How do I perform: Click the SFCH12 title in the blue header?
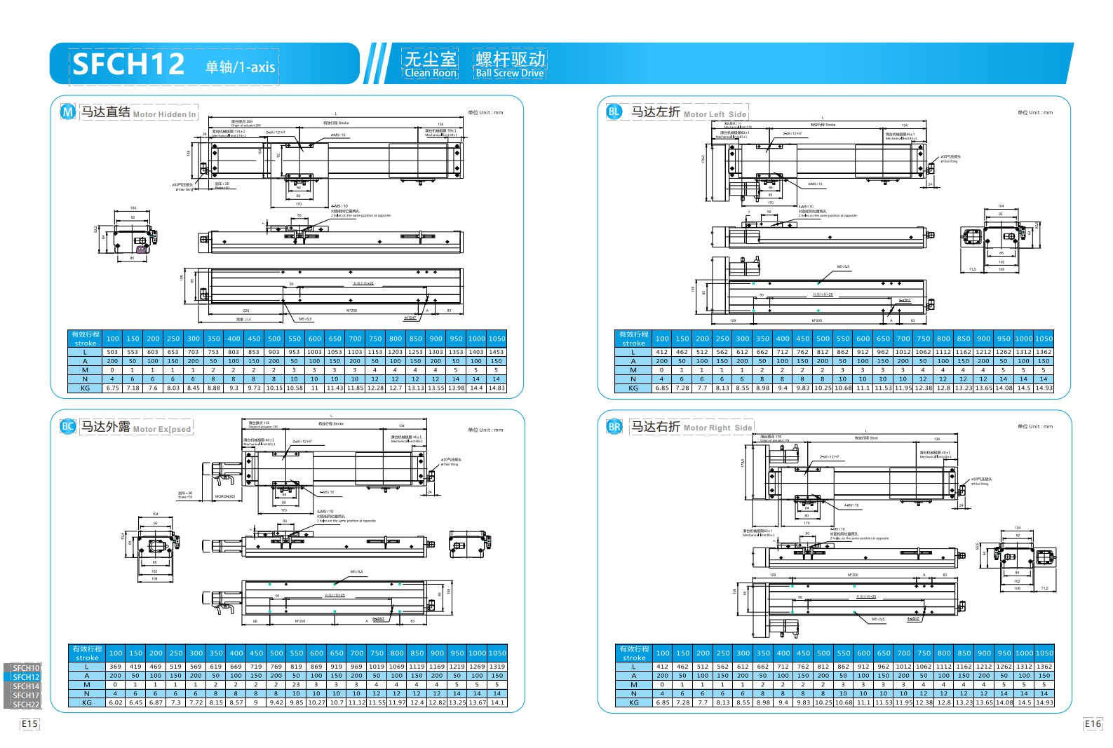tap(128, 64)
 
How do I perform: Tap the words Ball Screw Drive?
tap(509, 73)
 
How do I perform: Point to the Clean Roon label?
tap(431, 73)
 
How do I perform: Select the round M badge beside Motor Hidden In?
tap(68, 111)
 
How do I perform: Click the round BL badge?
tap(614, 111)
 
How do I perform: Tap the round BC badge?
tap(68, 426)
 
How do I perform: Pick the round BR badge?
tap(614, 426)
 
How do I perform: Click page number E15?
tap(29, 723)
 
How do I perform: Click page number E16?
tap(1093, 723)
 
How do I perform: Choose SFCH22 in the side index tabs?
tap(26, 705)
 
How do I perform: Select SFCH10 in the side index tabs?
tap(26, 668)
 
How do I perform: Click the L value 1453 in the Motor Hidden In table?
tap(497, 352)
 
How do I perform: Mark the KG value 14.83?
tap(497, 388)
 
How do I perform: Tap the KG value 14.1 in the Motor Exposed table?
tap(497, 702)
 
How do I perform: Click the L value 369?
tap(116, 667)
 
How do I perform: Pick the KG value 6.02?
tap(116, 702)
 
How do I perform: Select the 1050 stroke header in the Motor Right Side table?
tap(1044, 653)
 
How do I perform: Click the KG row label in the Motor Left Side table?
tap(633, 388)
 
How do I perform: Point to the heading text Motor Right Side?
tap(717, 428)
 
